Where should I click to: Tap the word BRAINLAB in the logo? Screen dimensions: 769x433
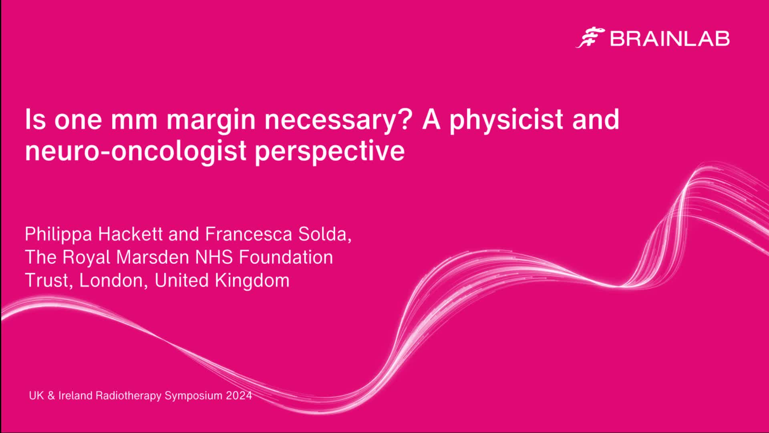pyautogui.click(x=670, y=39)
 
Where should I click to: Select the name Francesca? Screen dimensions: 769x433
pyautogui.click(x=248, y=234)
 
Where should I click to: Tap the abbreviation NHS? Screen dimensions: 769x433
pyautogui.click(x=214, y=257)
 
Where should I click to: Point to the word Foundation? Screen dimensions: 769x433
pyautogui.click(x=286, y=257)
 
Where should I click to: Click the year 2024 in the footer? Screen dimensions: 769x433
pyautogui.click(x=239, y=396)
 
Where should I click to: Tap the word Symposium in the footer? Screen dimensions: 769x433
pyautogui.click(x=193, y=396)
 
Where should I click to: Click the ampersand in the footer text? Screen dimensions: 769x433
pyautogui.click(x=51, y=396)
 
